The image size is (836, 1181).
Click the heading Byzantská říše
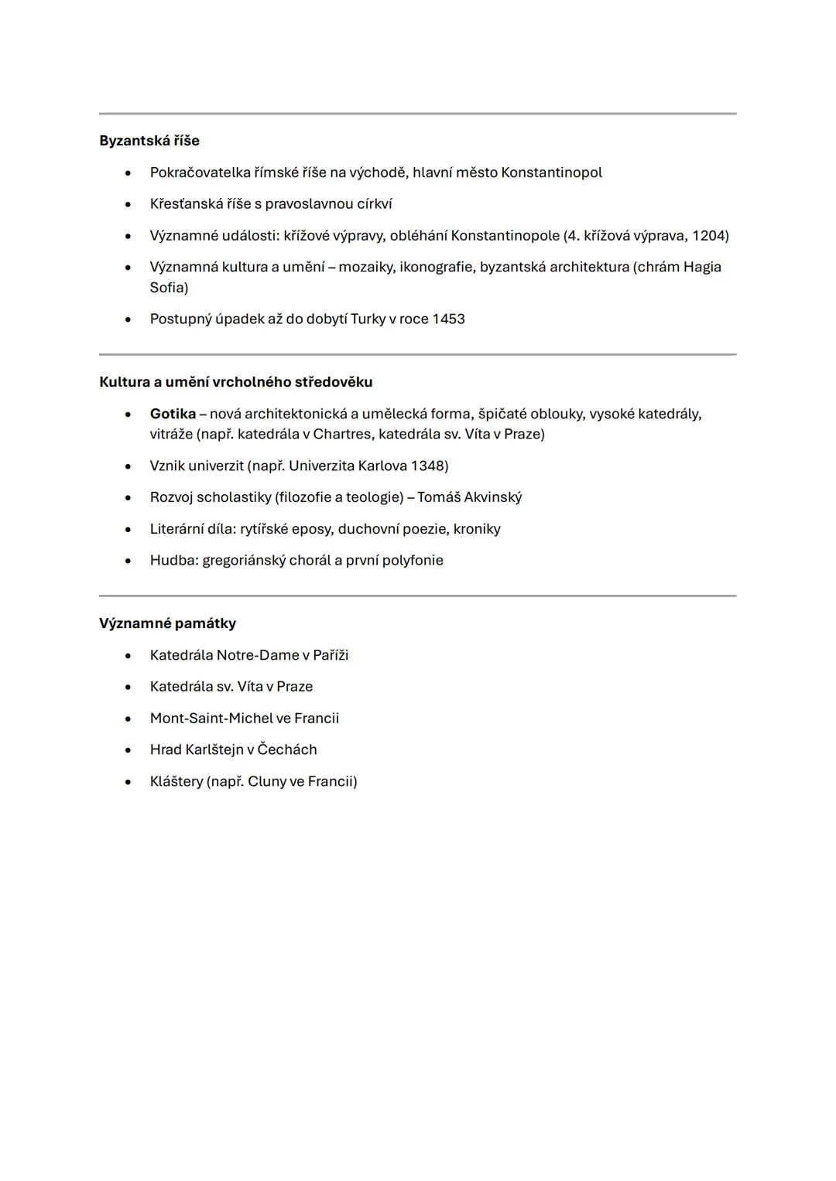(x=149, y=141)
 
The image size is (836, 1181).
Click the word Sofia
(x=169, y=288)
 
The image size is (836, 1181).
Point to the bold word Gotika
(x=173, y=414)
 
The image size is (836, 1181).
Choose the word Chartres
(x=342, y=434)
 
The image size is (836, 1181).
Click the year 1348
(x=428, y=466)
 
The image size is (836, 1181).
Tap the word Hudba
(x=173, y=560)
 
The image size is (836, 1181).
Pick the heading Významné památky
(x=167, y=623)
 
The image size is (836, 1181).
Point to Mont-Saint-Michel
(x=211, y=718)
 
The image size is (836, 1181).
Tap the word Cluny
(x=266, y=781)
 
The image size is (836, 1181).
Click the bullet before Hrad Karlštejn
(x=128, y=750)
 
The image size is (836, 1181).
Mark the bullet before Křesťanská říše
(x=128, y=204)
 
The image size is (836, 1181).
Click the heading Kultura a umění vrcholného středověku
(x=236, y=382)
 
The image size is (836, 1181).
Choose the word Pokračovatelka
(x=200, y=172)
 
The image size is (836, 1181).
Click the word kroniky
(x=477, y=529)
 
